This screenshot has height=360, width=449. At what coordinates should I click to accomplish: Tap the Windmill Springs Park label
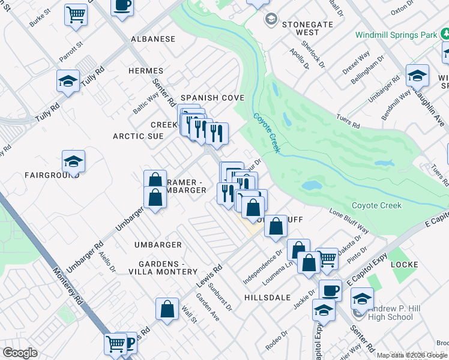[x=396, y=35]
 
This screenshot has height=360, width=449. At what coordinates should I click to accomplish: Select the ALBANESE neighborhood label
[x=153, y=39]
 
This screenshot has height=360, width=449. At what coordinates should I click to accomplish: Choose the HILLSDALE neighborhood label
[x=268, y=298]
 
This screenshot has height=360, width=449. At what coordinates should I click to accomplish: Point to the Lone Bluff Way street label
[x=349, y=220]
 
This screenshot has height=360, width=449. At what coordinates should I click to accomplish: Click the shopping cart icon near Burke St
[x=76, y=14]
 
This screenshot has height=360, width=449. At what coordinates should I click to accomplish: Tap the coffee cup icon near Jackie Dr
[x=330, y=290]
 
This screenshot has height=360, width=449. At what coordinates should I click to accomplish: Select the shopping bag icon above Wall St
[x=167, y=309]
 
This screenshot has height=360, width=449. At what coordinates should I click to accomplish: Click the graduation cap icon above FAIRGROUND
[x=73, y=161]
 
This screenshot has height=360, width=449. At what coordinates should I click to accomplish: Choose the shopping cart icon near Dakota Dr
[x=327, y=259]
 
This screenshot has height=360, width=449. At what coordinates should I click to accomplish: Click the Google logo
[x=20, y=353]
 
